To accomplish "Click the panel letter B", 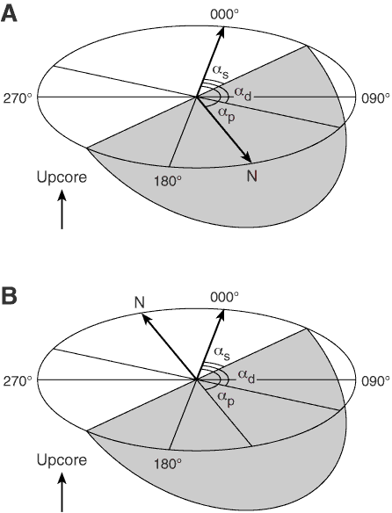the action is point(9,296).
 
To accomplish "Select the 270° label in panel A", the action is point(18,98).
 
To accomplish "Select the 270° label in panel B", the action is point(18,381).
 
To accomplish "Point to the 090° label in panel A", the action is point(375,98).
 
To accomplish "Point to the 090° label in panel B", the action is point(375,381).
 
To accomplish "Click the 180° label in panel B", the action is point(168,463).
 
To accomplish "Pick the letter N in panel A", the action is point(252,177).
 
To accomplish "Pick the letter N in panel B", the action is point(140,302).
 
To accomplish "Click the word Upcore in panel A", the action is point(62,177).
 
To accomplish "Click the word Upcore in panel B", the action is point(62,460).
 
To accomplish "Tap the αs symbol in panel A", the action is point(221,72).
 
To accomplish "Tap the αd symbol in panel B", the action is point(246,377).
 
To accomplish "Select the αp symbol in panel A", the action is point(227,114).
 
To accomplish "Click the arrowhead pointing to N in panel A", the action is point(247,158).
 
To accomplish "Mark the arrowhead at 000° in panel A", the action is point(221,31).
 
